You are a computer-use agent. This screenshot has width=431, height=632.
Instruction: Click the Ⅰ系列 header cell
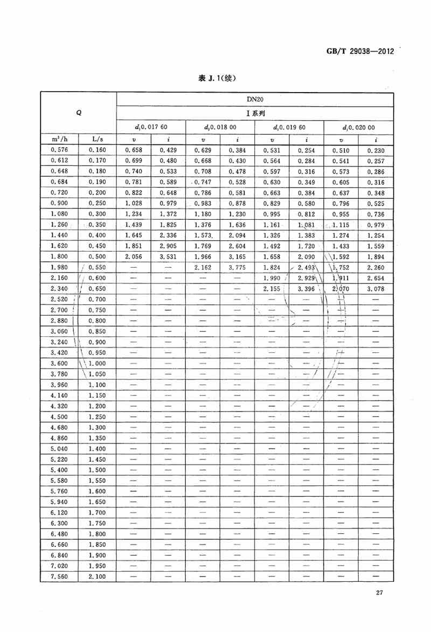pos(255,114)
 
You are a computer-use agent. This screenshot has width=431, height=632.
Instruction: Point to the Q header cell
pos(79,114)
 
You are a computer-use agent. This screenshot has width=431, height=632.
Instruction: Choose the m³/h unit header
pos(59,140)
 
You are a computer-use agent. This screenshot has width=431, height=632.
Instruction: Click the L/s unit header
pos(98,140)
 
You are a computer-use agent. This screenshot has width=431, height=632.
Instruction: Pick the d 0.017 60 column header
pos(151,128)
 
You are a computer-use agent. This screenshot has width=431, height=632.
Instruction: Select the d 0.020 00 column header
pos(358,128)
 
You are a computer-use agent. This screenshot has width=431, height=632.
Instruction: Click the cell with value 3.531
pos(168,257)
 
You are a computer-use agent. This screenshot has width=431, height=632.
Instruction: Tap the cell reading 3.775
pos(237,268)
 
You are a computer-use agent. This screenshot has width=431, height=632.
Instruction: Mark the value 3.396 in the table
pos(306,289)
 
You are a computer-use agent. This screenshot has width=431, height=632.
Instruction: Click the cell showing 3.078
pos(376,289)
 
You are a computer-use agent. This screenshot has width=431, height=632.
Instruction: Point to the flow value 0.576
pos(59,151)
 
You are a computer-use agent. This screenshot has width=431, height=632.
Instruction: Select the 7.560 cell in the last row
pos(59,577)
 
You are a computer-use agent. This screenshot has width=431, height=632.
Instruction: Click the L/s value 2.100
pos(98,577)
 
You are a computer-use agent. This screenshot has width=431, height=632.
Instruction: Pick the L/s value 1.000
pos(98,363)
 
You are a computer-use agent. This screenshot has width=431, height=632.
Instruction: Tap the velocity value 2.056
pos(134,257)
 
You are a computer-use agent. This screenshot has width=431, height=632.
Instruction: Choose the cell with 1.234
pos(134,214)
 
